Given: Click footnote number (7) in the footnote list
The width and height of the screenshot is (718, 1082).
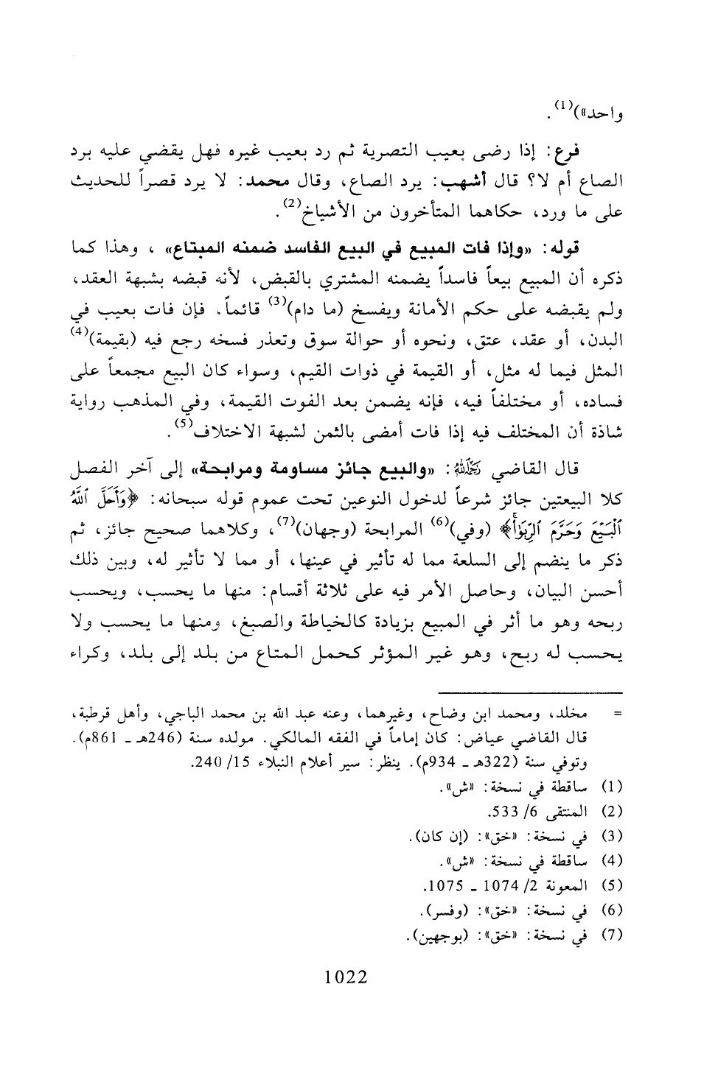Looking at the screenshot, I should pos(616,935).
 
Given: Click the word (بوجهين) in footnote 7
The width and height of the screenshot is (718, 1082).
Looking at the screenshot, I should pos(427,935).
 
